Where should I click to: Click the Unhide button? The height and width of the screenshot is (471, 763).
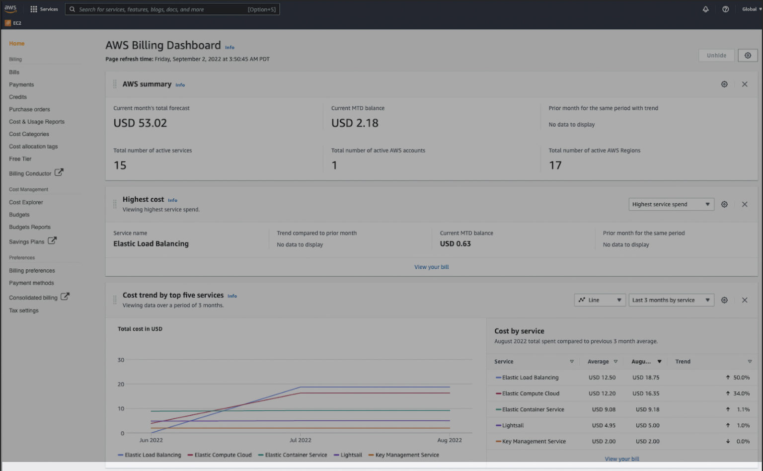coord(716,56)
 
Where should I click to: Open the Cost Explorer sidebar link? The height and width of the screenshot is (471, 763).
coord(26,202)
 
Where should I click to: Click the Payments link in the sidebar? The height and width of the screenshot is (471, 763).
coord(21,84)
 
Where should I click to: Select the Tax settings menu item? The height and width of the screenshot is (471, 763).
coord(23,311)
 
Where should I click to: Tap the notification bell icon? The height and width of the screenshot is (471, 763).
coord(705,9)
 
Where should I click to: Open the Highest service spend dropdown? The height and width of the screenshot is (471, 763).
coord(671,204)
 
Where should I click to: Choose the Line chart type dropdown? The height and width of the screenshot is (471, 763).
coord(600,300)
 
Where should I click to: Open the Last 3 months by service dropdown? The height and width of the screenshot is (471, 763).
coord(671,300)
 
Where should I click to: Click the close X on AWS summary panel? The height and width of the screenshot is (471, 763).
coord(744,84)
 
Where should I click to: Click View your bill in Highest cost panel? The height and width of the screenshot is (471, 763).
coord(431,267)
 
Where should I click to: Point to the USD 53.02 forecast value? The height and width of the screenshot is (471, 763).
coord(140,123)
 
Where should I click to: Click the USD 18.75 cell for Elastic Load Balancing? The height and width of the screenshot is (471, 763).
coord(645,378)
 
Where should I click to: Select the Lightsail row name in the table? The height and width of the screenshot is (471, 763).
coord(513,425)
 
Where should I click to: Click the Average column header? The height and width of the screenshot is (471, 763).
coord(598,362)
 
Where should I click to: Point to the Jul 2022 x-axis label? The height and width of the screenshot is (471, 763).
coord(301,440)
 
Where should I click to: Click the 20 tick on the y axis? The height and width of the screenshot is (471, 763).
coord(121,384)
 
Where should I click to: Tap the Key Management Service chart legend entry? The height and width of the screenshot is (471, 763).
coord(407,455)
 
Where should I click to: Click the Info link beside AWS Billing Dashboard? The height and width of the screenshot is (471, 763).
coord(229,48)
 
